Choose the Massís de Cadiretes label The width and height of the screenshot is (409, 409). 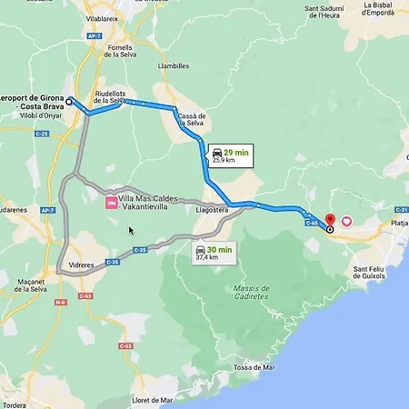[x=250, y=292]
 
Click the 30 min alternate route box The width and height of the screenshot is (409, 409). [x=214, y=252]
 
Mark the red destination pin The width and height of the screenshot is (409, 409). [x=331, y=220]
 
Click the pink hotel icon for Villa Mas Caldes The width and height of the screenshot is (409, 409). [x=111, y=203]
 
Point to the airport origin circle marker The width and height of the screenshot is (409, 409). [x=69, y=101]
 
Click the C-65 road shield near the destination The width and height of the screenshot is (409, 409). [x=311, y=221]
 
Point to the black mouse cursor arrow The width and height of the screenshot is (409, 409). [x=132, y=230]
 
